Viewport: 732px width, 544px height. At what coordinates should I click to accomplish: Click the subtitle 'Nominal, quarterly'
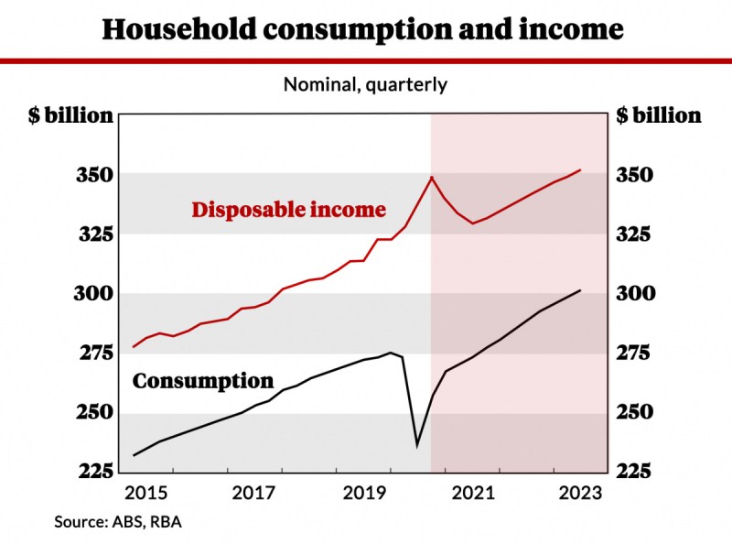pos(365,85)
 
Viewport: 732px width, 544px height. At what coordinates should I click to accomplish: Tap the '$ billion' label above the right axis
pos(659,115)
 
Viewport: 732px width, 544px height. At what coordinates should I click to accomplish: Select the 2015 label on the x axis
pos(145,494)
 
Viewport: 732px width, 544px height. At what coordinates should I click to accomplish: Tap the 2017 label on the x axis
pos(253,494)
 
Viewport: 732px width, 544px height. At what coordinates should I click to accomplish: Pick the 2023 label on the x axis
pos(581,494)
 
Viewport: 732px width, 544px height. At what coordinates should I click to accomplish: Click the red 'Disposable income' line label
pos(288,210)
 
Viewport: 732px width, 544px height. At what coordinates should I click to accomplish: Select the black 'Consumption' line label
pos(203,381)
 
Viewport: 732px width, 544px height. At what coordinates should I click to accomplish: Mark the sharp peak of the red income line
pos(431,177)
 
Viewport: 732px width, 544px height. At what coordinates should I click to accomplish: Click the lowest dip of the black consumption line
pos(417,445)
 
